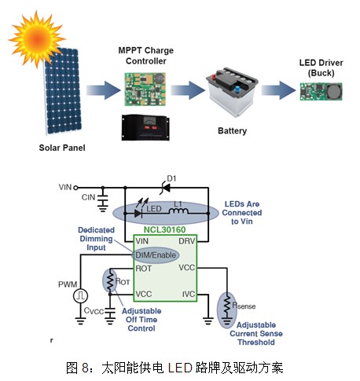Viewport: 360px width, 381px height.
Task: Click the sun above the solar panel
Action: pos(37,39)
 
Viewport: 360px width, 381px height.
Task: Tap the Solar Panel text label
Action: pos(62,148)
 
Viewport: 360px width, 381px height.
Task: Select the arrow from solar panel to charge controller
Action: pos(104,90)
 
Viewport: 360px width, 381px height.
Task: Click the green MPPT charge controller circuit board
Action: pos(145,89)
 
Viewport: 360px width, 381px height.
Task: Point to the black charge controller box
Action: pos(145,128)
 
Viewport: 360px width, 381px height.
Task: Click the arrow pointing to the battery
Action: pos(188,90)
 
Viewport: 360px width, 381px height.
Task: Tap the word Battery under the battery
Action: pos(232,130)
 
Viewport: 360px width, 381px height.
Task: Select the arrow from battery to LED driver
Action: pos(278,90)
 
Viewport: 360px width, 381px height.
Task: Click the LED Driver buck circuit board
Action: pos(321,91)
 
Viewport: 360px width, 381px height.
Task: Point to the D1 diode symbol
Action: pos(165,188)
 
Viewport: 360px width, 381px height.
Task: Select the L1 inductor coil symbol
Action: pos(178,211)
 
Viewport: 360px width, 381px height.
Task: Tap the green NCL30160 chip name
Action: pos(164,229)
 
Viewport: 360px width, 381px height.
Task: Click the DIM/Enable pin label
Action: pos(156,255)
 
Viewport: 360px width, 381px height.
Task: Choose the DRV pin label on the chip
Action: pos(187,241)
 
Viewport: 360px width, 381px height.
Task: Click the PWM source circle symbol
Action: pos(80,296)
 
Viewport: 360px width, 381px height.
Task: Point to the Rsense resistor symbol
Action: pos(227,306)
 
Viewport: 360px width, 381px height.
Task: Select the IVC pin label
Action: pos(189,294)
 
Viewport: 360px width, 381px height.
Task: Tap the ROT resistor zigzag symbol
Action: pos(110,280)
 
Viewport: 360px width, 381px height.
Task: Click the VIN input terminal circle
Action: pos(75,188)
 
